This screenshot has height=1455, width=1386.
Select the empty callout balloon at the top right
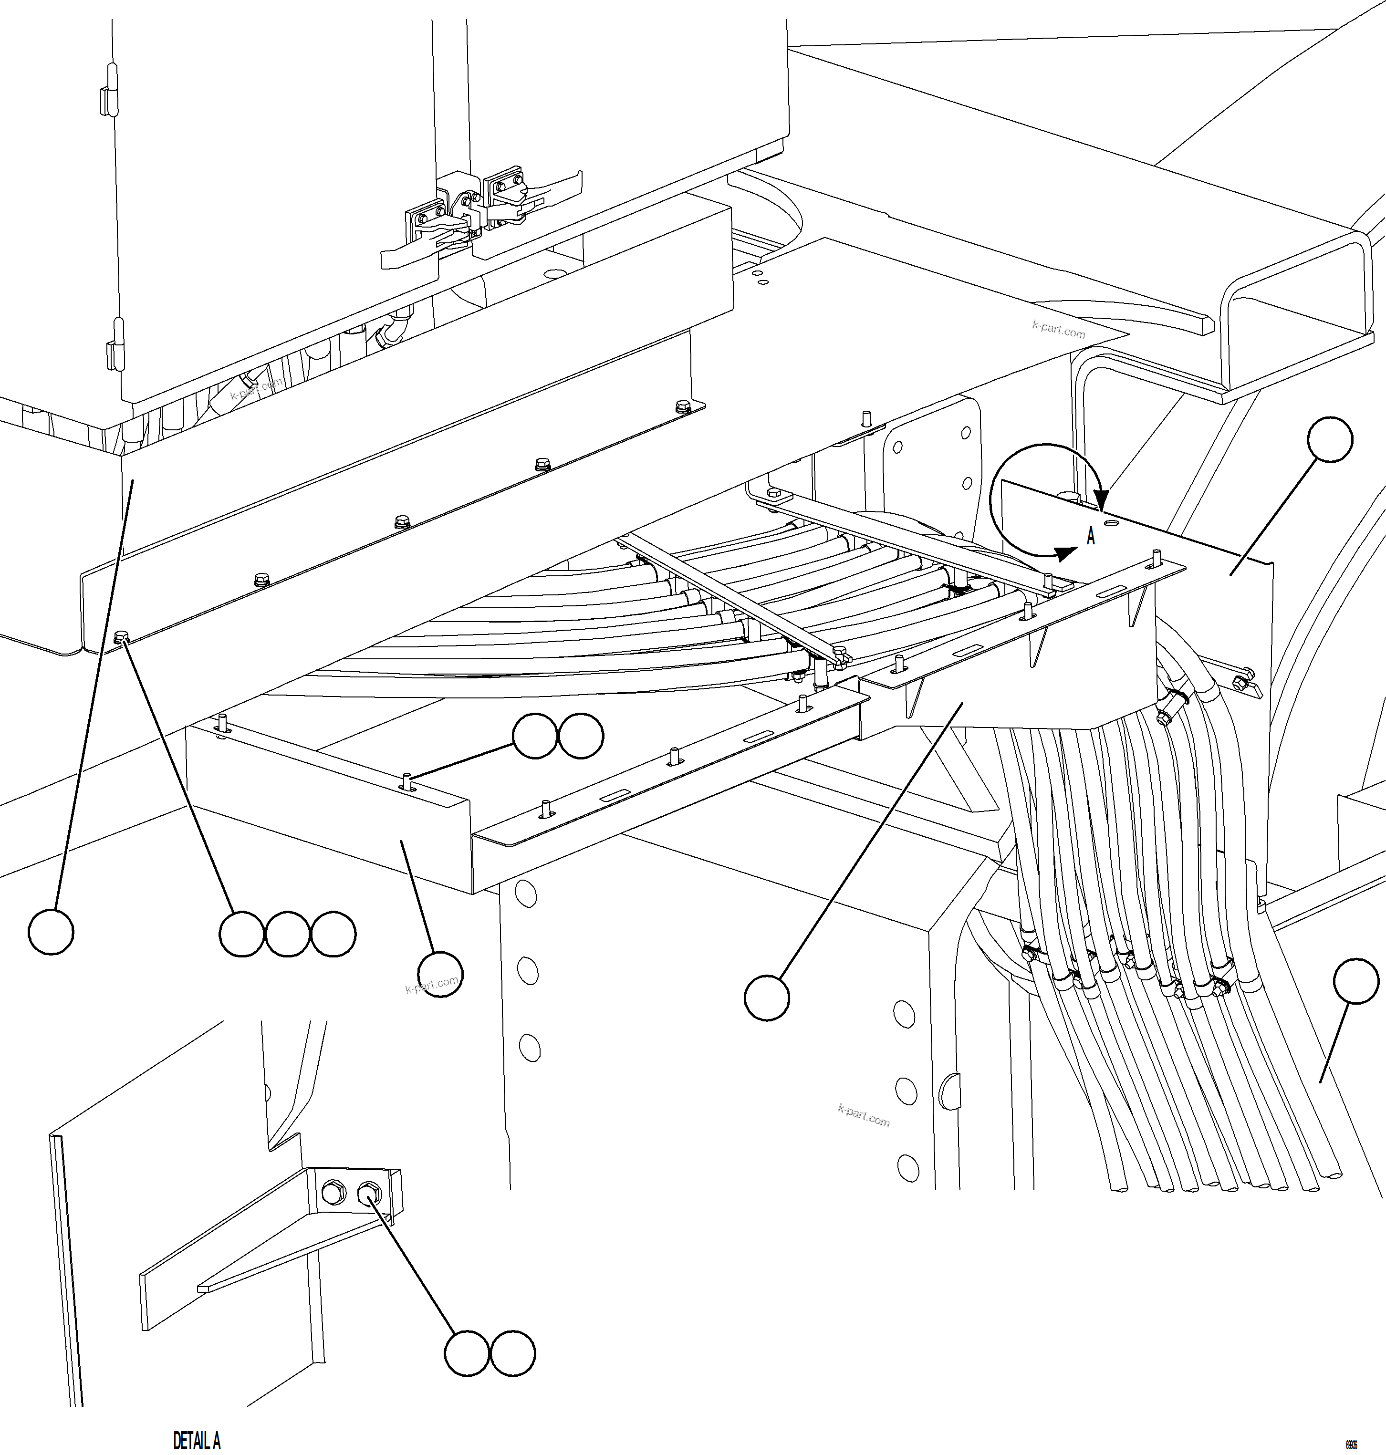tap(1330, 440)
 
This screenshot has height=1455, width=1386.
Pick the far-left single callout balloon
tap(51, 932)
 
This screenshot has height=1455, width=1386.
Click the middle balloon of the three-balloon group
tap(287, 935)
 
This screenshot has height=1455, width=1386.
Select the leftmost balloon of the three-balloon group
tap(241, 935)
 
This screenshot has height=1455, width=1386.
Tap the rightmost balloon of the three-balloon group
tap(333, 935)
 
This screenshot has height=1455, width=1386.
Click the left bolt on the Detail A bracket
tap(334, 1191)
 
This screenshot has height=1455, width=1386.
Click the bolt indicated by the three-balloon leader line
tap(123, 636)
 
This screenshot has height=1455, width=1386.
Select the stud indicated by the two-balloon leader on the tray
tap(407, 780)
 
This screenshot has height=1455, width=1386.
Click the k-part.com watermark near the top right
tap(1059, 330)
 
